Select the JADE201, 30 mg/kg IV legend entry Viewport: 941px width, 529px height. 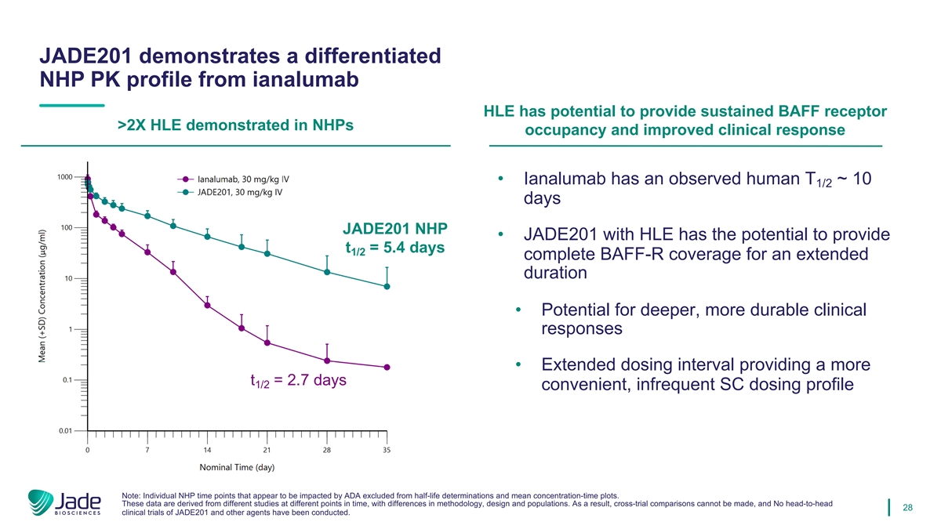click(232, 191)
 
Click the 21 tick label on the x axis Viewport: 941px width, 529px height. click(267, 450)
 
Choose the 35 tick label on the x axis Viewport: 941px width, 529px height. click(387, 450)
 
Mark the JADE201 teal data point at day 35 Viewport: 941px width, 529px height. click(387, 287)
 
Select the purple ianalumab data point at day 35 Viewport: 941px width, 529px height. click(387, 368)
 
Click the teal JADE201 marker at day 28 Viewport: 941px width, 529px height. click(327, 272)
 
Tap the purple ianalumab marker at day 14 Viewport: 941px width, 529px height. click(207, 305)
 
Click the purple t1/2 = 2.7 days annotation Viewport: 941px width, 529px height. click(298, 382)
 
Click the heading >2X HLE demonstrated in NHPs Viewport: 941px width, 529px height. click(235, 125)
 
